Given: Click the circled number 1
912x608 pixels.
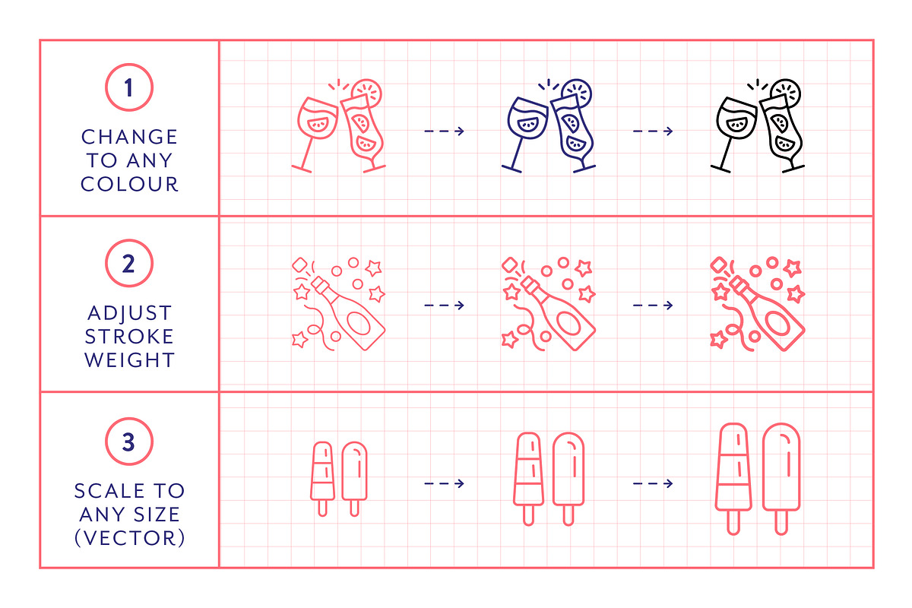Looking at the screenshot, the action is [129, 87].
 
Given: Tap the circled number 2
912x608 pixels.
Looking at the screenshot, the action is [129, 263].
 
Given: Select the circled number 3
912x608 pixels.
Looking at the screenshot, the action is [129, 442].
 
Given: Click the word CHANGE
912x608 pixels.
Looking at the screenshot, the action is [129, 137].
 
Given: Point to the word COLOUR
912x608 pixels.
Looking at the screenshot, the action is [129, 184].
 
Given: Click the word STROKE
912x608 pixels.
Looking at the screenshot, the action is [129, 337].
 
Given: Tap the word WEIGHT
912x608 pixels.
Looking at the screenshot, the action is [129, 360].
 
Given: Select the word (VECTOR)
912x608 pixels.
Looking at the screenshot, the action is [129, 538].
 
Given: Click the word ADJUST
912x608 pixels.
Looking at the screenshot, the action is [129, 313].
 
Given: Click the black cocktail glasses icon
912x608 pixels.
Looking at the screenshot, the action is [757, 126].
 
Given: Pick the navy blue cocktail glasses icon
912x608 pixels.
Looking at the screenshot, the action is [549, 126].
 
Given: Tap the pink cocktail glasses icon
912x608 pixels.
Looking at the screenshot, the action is [338, 126].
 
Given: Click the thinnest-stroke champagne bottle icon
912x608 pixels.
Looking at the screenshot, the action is [338, 304].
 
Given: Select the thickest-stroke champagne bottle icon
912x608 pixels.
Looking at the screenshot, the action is [757, 304].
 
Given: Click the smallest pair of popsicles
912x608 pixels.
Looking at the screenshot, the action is [338, 479].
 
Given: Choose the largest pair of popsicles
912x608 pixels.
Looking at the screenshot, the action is [757, 479].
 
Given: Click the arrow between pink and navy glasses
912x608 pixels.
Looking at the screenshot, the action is [444, 131].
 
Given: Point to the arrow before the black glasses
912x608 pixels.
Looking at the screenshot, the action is [653, 131].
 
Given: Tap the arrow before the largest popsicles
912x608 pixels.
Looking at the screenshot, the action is [653, 483].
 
